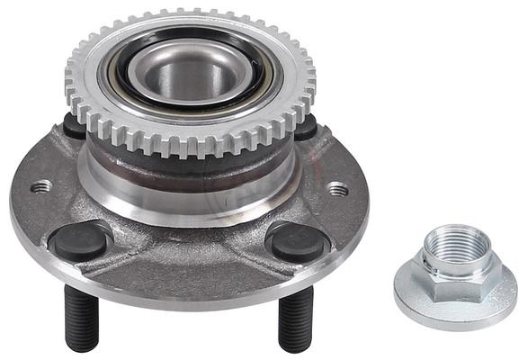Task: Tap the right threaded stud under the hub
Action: [x=293, y=319]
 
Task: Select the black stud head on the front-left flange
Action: [x=79, y=240]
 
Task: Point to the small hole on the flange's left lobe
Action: [x=40, y=187]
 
